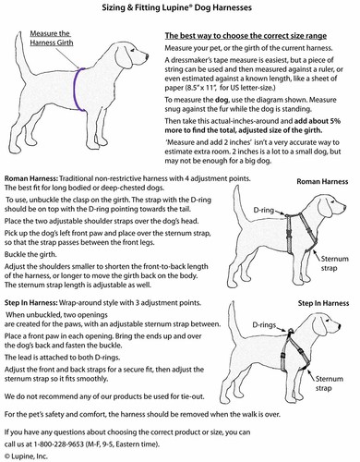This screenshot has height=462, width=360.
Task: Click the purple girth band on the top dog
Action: pyautogui.click(x=75, y=90)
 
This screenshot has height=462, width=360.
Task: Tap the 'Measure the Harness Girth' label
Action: pyautogui.click(x=52, y=38)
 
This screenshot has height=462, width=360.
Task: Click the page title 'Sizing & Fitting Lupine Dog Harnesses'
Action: pyautogui.click(x=177, y=7)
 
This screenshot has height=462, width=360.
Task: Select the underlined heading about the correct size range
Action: pyautogui.click(x=246, y=36)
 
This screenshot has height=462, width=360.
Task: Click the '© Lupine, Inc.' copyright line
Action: pyautogui.click(x=26, y=456)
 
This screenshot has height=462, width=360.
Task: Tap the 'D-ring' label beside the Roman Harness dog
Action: pyautogui.click(x=263, y=210)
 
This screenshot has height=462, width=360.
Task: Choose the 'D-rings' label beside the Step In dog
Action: pyautogui.click(x=264, y=325)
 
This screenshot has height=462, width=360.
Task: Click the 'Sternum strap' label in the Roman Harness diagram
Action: pyautogui.click(x=335, y=263)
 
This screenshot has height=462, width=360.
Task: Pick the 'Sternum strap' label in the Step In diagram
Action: pyautogui.click(x=330, y=383)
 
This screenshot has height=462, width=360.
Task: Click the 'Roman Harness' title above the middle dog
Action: pyautogui.click(x=322, y=181)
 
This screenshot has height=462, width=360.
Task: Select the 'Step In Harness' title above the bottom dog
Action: pyautogui.click(x=323, y=303)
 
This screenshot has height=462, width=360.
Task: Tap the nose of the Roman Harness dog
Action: pyautogui.click(x=344, y=208)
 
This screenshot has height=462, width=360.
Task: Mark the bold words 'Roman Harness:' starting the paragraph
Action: pyautogui.click(x=31, y=178)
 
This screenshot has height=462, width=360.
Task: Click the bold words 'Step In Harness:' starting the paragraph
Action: pyautogui.click(x=31, y=303)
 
